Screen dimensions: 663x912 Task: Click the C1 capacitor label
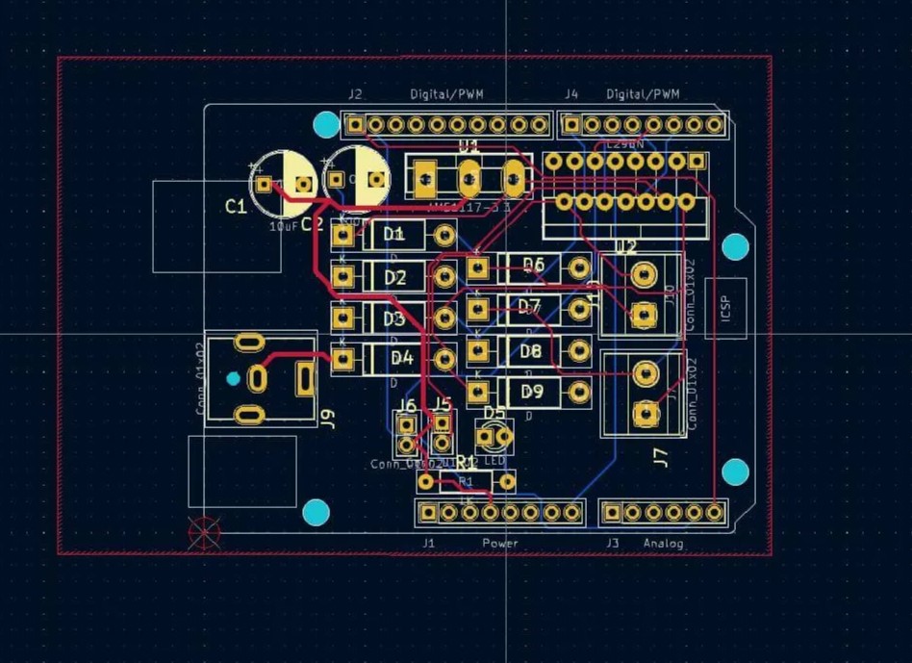pyautogui.click(x=236, y=206)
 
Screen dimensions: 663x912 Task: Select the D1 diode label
pyautogui.click(x=394, y=234)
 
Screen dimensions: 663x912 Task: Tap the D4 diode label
pyautogui.click(x=401, y=358)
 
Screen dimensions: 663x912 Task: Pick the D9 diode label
pyautogui.click(x=532, y=392)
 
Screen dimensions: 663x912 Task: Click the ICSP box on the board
pyautogui.click(x=725, y=308)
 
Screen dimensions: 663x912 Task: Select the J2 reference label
pyautogui.click(x=355, y=94)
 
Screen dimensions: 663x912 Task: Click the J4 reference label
pyautogui.click(x=571, y=94)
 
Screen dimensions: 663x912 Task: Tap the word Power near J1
pyautogui.click(x=500, y=544)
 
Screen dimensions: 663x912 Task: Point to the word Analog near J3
pyautogui.click(x=664, y=544)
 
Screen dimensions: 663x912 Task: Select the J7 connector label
pyautogui.click(x=660, y=457)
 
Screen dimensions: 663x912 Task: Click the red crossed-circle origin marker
pyautogui.click(x=205, y=532)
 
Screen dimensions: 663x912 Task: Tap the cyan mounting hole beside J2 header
pyautogui.click(x=327, y=124)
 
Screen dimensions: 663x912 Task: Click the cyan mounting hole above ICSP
pyautogui.click(x=735, y=247)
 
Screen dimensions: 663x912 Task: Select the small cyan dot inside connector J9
pyautogui.click(x=233, y=378)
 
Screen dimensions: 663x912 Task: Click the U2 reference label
pyautogui.click(x=626, y=247)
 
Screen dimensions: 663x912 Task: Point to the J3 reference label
pyautogui.click(x=613, y=544)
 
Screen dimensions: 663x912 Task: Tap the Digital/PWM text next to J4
pyautogui.click(x=643, y=94)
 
